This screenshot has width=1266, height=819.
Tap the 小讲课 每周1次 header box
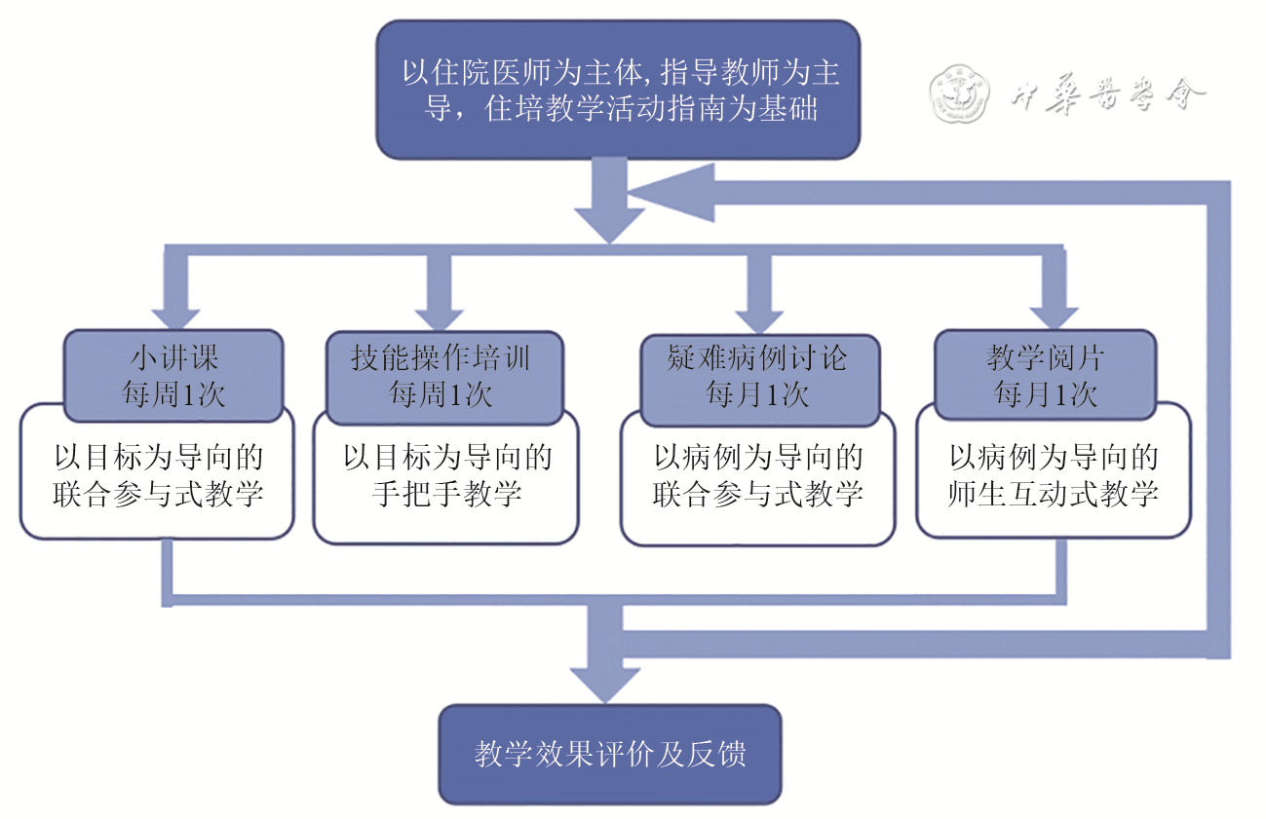click(x=173, y=376)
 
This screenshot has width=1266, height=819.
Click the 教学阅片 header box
click(x=1045, y=376)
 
